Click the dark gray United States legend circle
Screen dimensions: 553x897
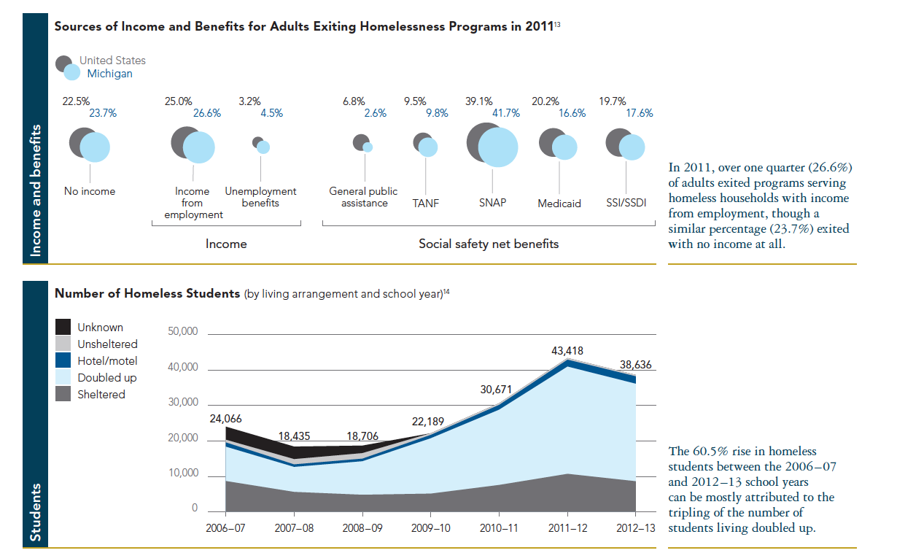64,63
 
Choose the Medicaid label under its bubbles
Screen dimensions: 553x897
559,204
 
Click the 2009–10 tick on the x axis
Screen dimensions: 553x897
431,527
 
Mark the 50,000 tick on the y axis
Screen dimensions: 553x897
183,332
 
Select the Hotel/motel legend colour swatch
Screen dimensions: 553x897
64,361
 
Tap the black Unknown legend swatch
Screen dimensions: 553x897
64,328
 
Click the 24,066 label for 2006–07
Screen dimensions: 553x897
226,419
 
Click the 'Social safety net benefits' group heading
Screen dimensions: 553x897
489,244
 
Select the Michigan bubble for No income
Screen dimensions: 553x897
95,148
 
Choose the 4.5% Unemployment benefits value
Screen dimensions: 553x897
271,113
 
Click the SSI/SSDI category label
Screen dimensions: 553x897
626,203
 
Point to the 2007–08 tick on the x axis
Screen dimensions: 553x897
295,527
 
